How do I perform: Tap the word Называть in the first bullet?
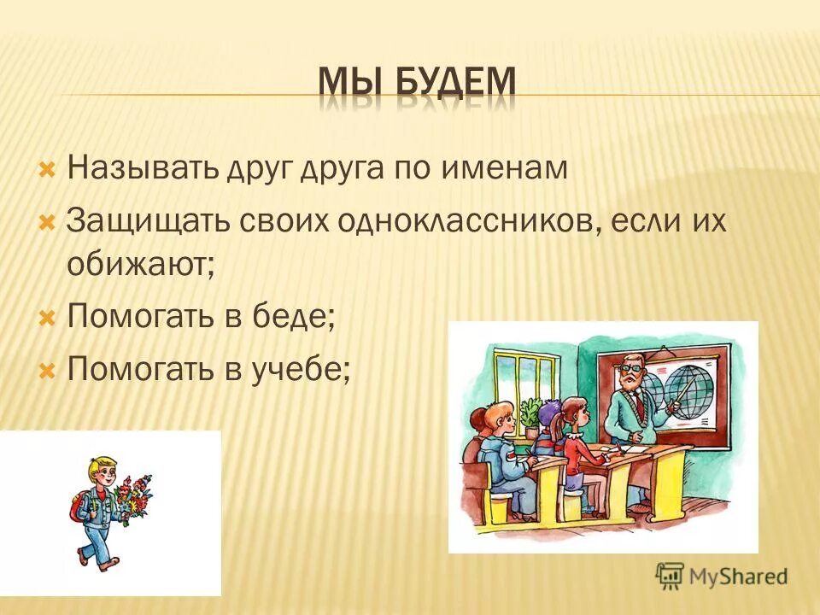143,167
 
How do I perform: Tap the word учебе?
305,370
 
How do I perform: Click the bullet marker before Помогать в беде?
48,319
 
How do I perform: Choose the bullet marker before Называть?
48,167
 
